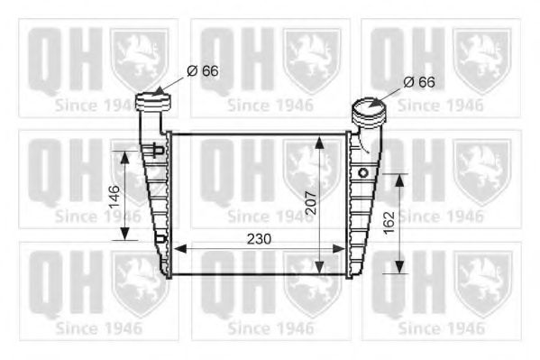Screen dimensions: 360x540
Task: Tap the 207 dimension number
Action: [x=308, y=204]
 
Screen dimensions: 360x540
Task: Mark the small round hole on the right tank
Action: [x=363, y=171]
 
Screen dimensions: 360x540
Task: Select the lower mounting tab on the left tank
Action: [x=160, y=239]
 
